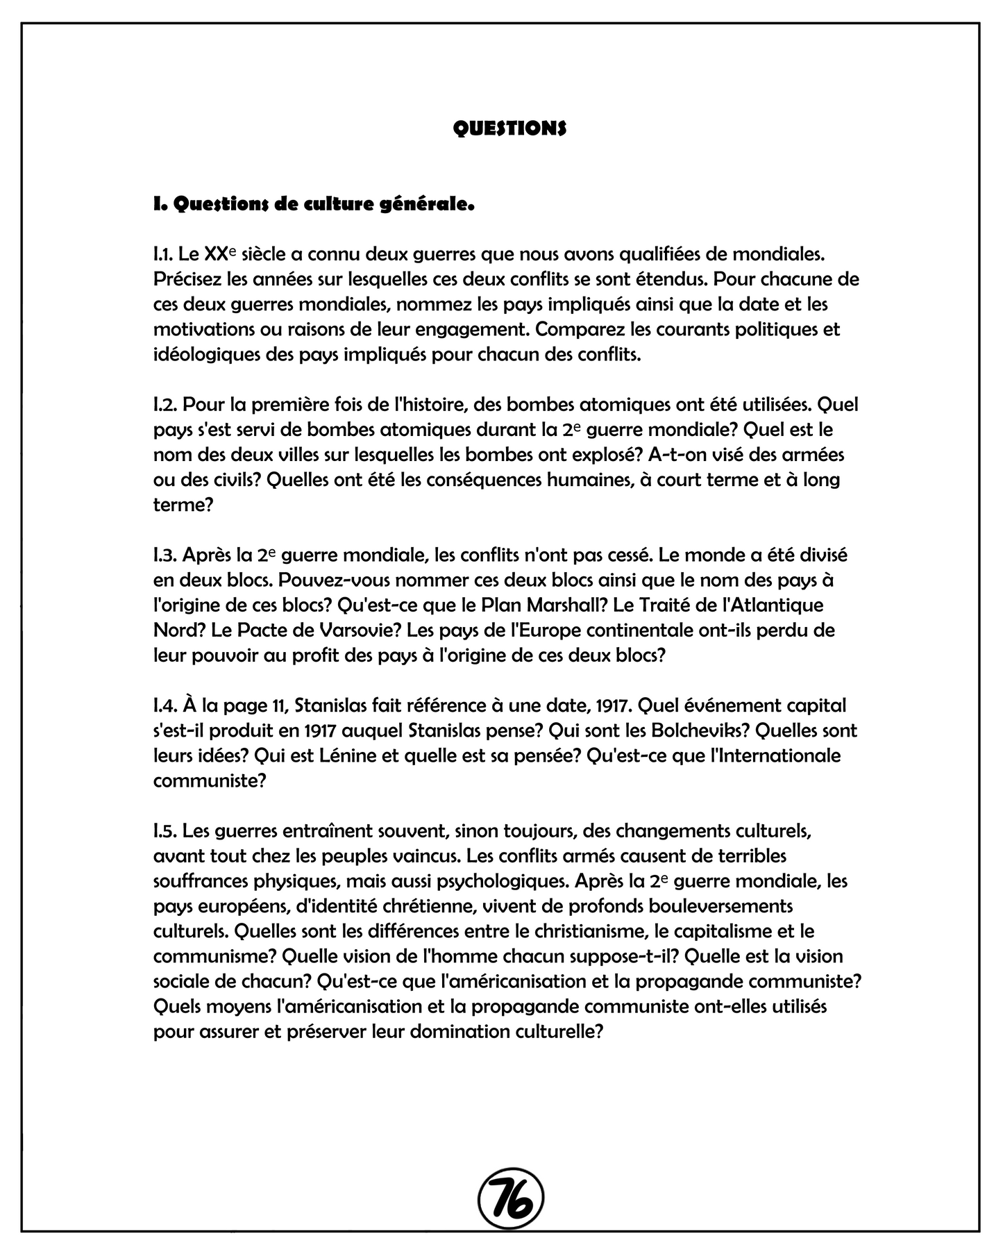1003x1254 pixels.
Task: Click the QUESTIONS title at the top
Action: click(509, 128)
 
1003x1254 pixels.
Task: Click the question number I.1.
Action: click(163, 254)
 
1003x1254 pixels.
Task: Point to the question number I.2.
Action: click(165, 404)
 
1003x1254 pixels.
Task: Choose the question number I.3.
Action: click(165, 555)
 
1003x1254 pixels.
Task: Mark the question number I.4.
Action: click(165, 705)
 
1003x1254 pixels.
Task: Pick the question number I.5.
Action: click(165, 830)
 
